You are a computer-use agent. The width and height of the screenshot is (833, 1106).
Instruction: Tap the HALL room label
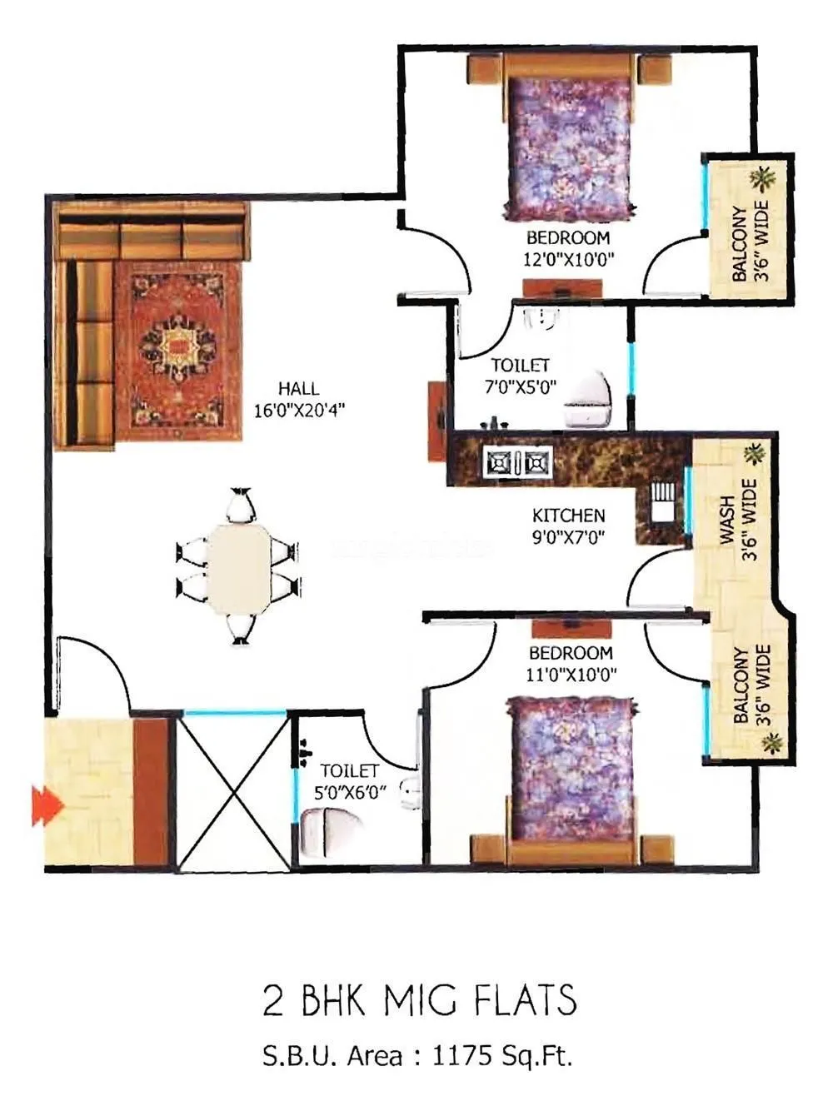click(298, 388)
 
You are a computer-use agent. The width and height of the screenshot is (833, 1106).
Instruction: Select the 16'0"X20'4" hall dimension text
click(299, 410)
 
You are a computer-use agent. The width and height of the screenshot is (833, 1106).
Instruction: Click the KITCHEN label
click(568, 516)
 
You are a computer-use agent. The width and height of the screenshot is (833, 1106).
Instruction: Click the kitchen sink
click(663, 501)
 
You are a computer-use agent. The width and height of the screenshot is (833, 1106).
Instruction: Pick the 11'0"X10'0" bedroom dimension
click(571, 675)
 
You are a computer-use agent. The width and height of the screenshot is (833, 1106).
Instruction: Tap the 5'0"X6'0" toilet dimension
click(350, 793)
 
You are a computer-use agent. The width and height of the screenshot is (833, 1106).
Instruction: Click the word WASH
click(727, 521)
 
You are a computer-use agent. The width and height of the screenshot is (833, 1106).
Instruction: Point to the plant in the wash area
click(755, 454)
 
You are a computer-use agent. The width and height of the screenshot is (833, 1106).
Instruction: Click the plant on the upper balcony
click(761, 177)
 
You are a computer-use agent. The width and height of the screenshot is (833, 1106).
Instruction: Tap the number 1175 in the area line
click(463, 1057)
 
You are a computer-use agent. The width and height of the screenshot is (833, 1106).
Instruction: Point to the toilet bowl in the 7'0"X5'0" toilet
click(588, 399)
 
